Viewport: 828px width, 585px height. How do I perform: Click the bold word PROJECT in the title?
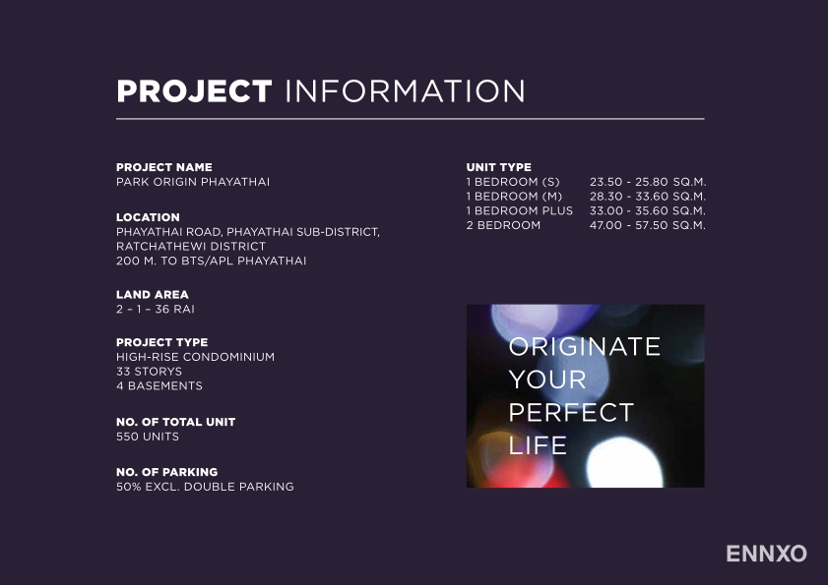pyautogui.click(x=194, y=91)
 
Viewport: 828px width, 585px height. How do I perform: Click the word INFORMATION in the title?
pyautogui.click(x=405, y=91)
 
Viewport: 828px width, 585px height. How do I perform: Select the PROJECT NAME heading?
pyautogui.click(x=164, y=167)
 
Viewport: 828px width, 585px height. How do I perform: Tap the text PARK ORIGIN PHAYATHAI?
pyautogui.click(x=193, y=182)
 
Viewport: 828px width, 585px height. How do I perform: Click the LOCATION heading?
pyautogui.click(x=148, y=217)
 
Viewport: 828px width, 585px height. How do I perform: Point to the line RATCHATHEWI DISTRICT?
pyautogui.click(x=191, y=247)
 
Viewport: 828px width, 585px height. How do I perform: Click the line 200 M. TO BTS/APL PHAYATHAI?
pyautogui.click(x=212, y=261)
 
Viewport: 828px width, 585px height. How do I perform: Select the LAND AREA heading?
pyautogui.click(x=152, y=294)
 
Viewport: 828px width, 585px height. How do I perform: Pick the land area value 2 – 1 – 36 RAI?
pyautogui.click(x=156, y=309)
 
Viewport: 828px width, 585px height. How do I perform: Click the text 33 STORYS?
pyautogui.click(x=149, y=372)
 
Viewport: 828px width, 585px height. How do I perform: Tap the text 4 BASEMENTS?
pyautogui.click(x=159, y=385)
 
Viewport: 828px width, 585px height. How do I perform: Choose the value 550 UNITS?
pyautogui.click(x=148, y=437)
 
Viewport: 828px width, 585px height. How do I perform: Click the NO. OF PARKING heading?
pyautogui.click(x=166, y=472)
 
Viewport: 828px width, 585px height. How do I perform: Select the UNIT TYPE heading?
pyautogui.click(x=498, y=167)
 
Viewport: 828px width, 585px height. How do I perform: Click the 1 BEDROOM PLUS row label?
pyautogui.click(x=520, y=211)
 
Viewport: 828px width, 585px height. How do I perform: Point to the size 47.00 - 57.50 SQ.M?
pyautogui.click(x=648, y=225)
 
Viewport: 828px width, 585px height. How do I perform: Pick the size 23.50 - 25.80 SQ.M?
pyautogui.click(x=648, y=182)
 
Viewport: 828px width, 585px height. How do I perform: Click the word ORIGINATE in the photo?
pyautogui.click(x=585, y=346)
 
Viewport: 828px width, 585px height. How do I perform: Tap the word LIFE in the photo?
pyautogui.click(x=538, y=445)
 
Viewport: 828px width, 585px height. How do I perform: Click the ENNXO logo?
pyautogui.click(x=766, y=554)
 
